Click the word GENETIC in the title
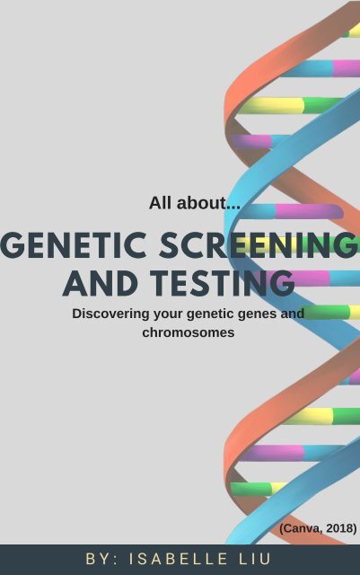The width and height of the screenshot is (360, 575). (64, 246)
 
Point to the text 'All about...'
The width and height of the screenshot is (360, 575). (195, 203)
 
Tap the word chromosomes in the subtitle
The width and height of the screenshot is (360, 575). (188, 332)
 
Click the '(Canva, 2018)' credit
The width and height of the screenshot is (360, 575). (318, 528)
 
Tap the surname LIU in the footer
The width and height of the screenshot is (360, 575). (255, 559)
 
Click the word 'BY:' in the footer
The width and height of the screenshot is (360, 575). (102, 559)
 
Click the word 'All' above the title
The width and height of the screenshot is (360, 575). (160, 203)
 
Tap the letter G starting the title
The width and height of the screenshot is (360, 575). (13, 246)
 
